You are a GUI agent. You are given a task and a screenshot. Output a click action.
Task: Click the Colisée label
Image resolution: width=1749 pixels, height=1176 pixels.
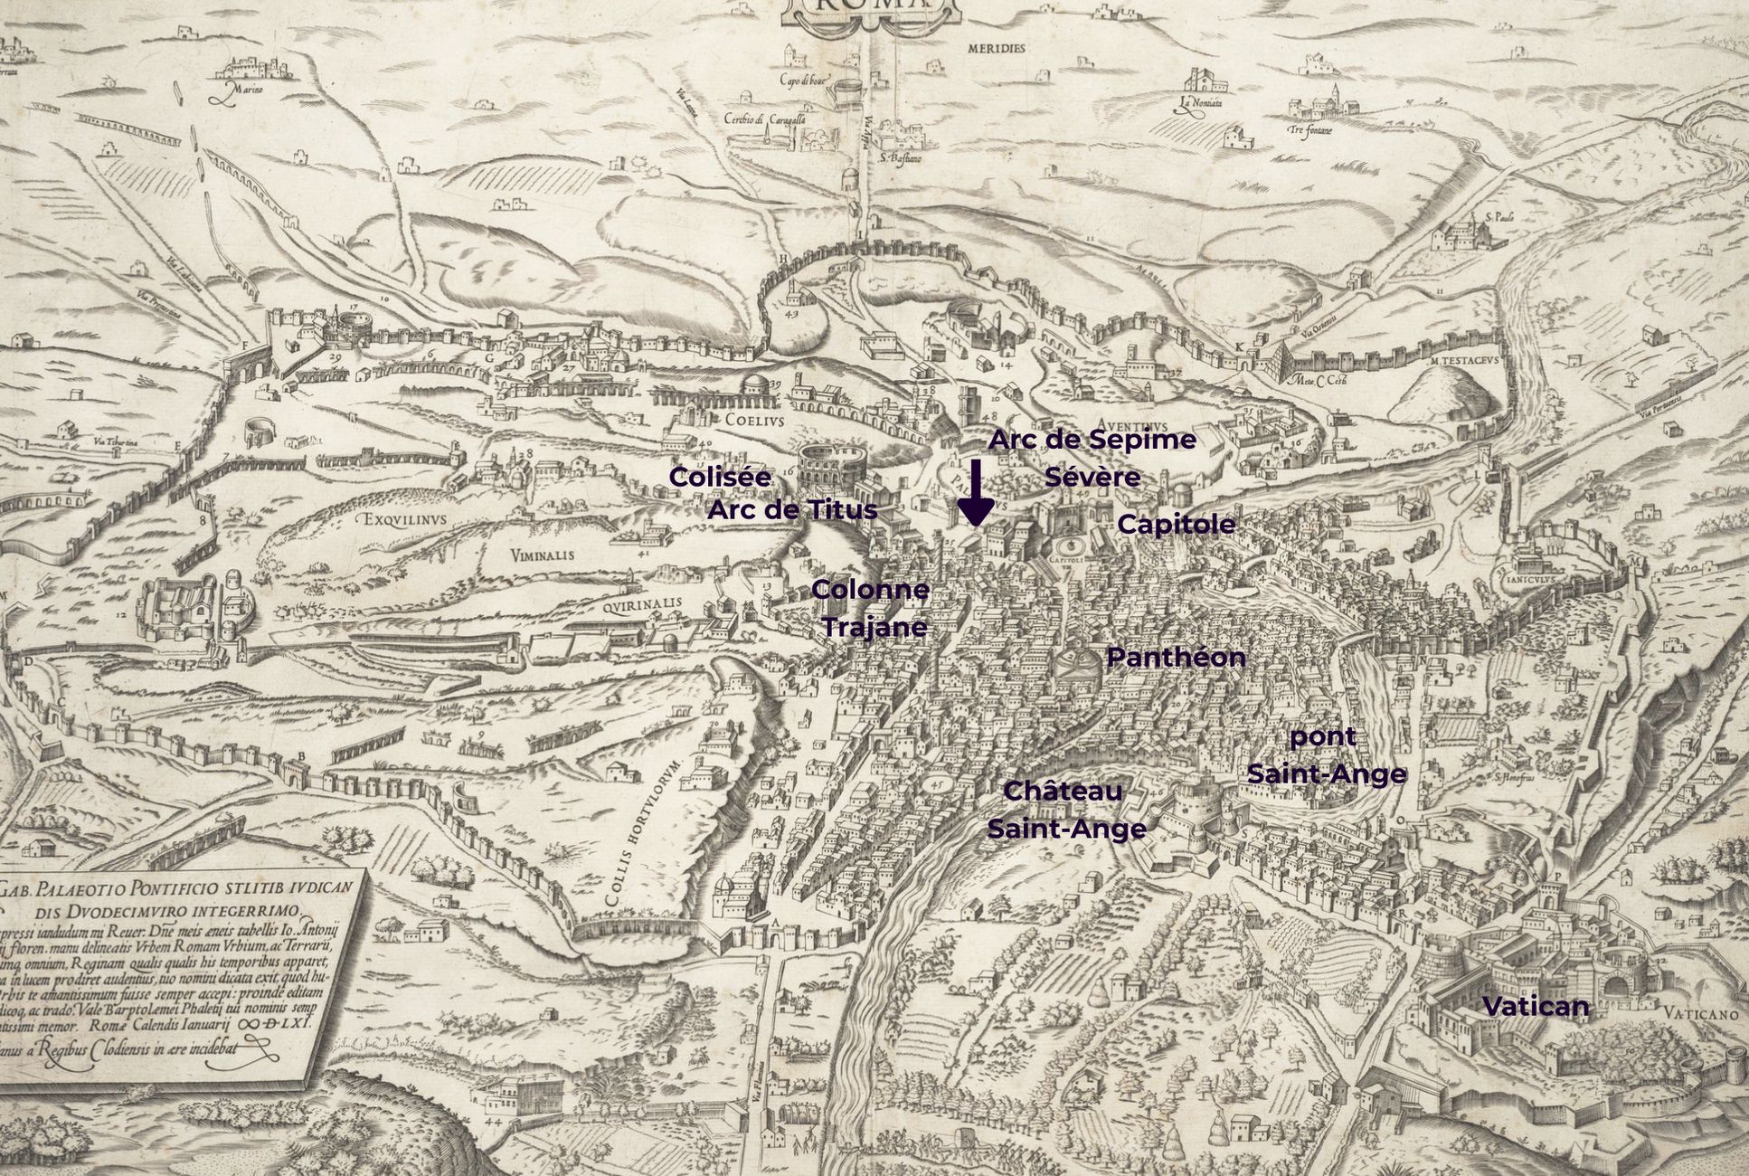pyautogui.click(x=720, y=477)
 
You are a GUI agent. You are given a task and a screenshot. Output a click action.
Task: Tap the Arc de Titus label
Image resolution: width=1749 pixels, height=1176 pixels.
pyautogui.click(x=792, y=509)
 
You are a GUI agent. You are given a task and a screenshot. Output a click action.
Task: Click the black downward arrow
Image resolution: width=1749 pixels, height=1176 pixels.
pyautogui.click(x=976, y=494)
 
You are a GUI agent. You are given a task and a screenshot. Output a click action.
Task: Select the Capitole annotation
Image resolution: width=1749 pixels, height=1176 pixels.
pyautogui.click(x=1176, y=524)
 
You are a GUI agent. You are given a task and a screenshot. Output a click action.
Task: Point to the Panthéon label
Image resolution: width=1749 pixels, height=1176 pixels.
pyautogui.click(x=1176, y=658)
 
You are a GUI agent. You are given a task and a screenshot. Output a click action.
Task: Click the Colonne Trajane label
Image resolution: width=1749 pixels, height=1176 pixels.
pyautogui.click(x=872, y=608)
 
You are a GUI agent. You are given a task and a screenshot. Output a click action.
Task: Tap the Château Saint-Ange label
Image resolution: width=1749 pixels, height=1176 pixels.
pyautogui.click(x=1065, y=810)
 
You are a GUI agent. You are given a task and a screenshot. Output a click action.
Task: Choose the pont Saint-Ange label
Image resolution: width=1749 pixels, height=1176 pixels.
pyautogui.click(x=1326, y=755)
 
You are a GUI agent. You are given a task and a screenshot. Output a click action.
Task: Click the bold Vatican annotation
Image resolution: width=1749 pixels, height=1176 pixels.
pyautogui.click(x=1536, y=1006)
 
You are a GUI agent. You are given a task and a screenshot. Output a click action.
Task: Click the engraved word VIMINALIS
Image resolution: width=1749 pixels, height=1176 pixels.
pyautogui.click(x=542, y=555)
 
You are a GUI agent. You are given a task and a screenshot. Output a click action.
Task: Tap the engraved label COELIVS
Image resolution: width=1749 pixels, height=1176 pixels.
pyautogui.click(x=753, y=420)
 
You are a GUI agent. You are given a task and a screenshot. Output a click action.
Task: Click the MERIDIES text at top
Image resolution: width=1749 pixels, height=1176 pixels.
pyautogui.click(x=997, y=48)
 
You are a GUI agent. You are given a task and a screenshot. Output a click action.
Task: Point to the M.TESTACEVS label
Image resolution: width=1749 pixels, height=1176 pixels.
pyautogui.click(x=1465, y=359)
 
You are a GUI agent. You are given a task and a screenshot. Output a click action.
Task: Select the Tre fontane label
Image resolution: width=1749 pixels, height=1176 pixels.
pyautogui.click(x=1309, y=130)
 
